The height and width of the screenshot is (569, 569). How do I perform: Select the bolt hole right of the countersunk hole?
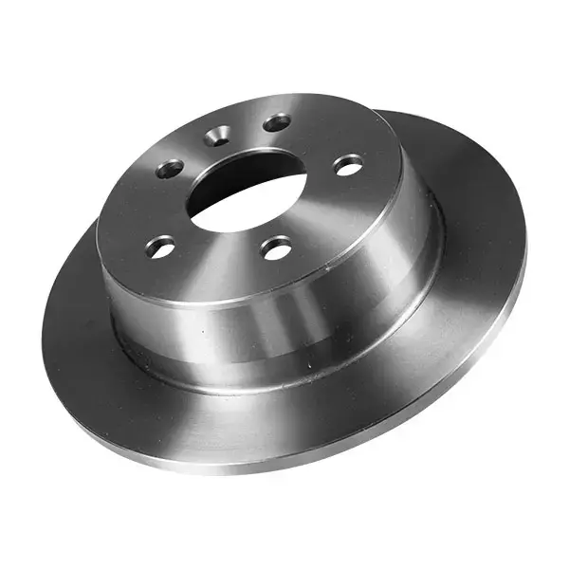point(277,123)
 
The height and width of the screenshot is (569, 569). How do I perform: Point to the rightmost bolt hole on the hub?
point(349,165)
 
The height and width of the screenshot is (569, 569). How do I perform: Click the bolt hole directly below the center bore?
point(276,249)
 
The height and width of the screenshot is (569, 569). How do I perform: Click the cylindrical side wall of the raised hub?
point(284,322)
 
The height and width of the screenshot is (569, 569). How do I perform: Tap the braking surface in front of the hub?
point(218,417)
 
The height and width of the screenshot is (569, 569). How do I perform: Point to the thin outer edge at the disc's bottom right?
point(455,379)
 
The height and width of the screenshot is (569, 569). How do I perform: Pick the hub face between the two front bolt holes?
point(218,261)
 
